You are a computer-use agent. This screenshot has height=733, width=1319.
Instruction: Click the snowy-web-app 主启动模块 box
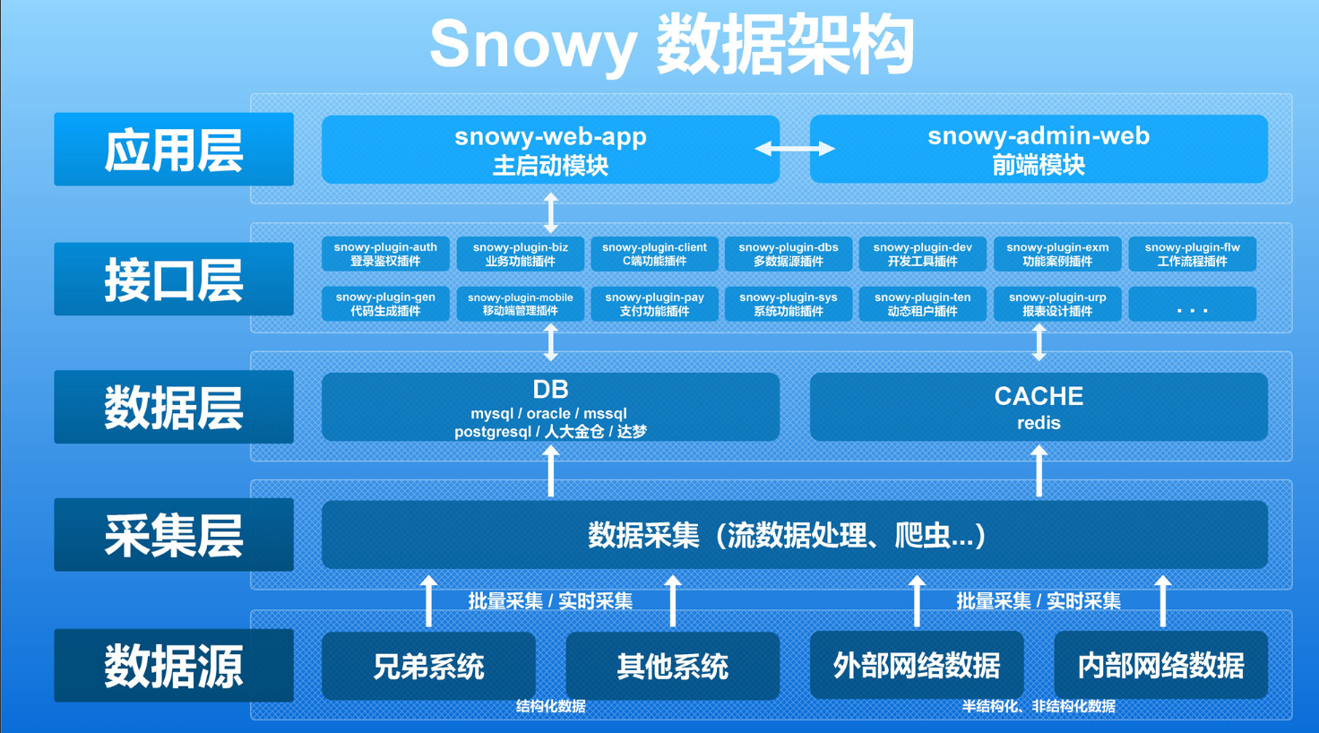[550, 150]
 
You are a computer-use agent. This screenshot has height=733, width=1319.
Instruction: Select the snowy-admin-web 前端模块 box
[1038, 150]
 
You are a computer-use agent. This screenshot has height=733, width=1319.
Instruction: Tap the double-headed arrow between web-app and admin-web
[795, 149]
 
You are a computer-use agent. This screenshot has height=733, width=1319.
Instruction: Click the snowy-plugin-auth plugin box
[385, 254]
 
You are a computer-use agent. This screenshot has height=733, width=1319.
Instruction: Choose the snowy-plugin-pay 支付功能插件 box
[654, 304]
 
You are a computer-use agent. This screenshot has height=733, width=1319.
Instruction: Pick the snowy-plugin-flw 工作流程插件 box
[1192, 254]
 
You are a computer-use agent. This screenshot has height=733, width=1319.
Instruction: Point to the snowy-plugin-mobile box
[520, 304]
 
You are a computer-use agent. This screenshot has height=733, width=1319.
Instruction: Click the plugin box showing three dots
[1192, 305]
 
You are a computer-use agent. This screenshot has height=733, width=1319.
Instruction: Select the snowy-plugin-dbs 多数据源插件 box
[789, 254]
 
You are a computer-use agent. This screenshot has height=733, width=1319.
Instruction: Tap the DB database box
[550, 408]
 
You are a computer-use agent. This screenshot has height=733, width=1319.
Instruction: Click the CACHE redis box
[1038, 408]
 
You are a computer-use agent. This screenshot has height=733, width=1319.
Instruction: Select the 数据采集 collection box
[794, 535]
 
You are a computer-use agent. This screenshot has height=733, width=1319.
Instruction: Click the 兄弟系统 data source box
[428, 666]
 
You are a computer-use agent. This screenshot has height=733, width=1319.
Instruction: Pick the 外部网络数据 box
[916, 666]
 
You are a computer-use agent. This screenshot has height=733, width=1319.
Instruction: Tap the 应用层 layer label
[174, 150]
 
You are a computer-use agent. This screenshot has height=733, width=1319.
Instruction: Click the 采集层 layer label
[174, 535]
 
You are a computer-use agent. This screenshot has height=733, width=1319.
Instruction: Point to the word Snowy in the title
[532, 45]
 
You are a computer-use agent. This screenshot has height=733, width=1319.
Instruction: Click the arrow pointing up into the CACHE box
[1039, 470]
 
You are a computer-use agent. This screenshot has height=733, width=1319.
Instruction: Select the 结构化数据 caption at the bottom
[550, 706]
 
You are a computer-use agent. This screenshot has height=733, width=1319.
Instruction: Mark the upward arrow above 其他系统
[673, 600]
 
